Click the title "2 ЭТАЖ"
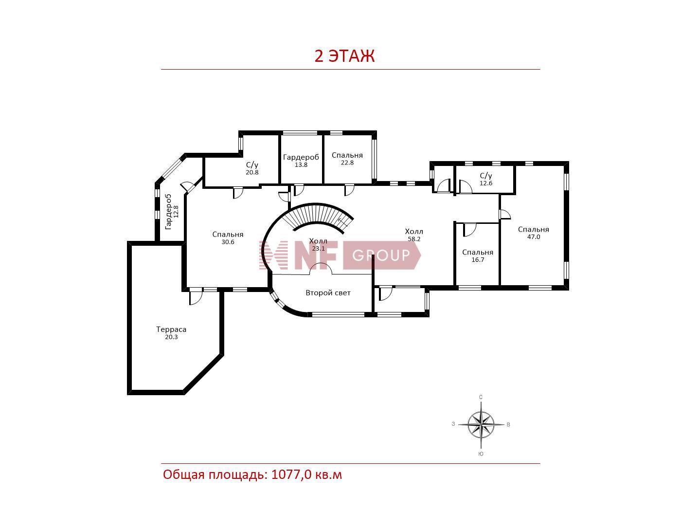(x=344, y=56)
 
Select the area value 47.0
(x=534, y=237)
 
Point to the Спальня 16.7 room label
(x=478, y=255)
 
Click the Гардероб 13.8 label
(x=301, y=161)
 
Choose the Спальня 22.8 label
(x=347, y=159)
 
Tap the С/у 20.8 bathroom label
(x=252, y=168)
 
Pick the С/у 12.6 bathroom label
(x=486, y=179)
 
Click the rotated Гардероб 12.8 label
(x=172, y=212)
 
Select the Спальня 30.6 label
(x=228, y=238)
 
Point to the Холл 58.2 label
(x=414, y=235)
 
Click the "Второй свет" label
(x=328, y=293)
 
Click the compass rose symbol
(x=481, y=424)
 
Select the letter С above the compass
(x=481, y=397)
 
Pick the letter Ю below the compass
(x=481, y=454)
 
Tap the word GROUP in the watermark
(x=381, y=255)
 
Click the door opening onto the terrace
(x=196, y=296)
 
